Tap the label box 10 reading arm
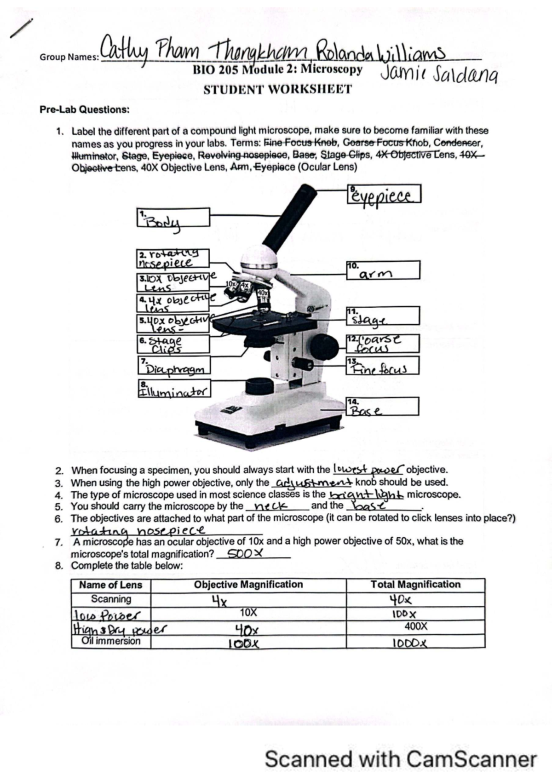point(383,270)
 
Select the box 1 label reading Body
point(174,218)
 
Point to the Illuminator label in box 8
point(174,389)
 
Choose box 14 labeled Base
point(383,407)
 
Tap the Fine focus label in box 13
point(383,366)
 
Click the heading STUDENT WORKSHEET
point(277,89)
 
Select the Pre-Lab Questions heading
point(84,110)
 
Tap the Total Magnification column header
point(415,585)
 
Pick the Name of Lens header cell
point(111,585)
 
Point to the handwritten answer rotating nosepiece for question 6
point(138,530)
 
